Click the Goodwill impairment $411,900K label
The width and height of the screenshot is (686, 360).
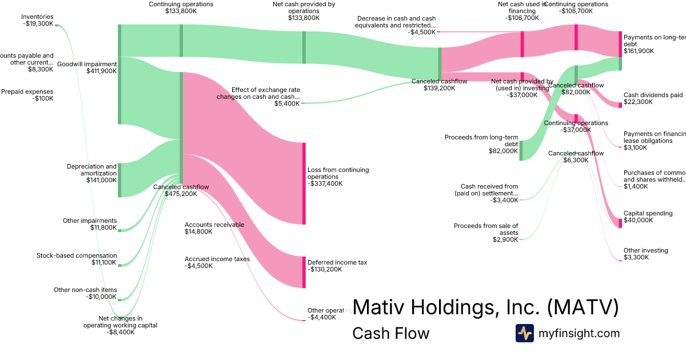87,68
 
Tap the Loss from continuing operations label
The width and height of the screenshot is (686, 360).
338,177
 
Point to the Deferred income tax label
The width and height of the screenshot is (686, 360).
337,266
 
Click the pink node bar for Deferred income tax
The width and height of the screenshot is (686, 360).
304,272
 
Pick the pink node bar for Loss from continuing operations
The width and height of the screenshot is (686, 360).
304,183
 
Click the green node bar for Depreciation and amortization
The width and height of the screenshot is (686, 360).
119,179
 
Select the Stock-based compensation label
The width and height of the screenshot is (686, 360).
77,259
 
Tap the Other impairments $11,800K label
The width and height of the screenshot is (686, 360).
90,225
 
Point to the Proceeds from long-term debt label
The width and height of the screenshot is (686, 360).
481,144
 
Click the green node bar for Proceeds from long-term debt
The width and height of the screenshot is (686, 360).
521,150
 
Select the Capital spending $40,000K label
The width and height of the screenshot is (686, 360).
648,217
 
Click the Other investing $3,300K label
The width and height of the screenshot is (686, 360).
645,254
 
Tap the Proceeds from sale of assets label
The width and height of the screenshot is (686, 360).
486,233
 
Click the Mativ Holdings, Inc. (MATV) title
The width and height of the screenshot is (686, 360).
485,307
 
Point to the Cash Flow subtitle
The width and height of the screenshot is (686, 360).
390,333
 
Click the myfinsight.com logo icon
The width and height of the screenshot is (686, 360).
524,333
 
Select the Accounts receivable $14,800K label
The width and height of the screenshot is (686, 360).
214,228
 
